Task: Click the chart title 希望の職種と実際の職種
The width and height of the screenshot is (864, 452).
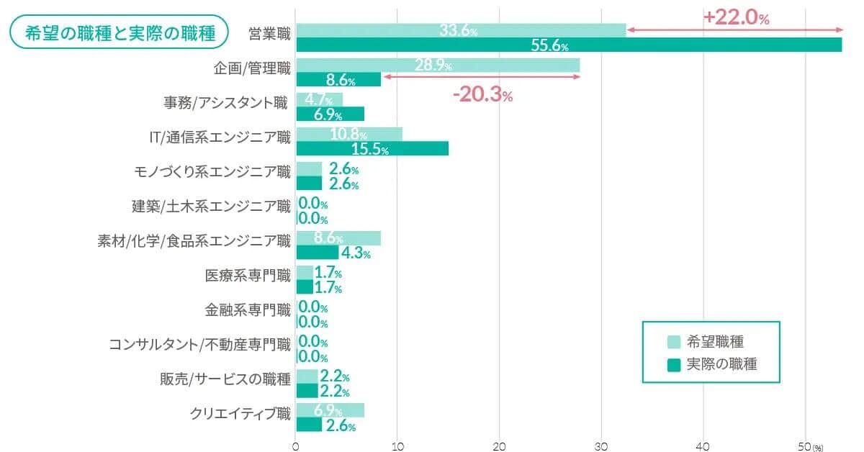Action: pos(119,33)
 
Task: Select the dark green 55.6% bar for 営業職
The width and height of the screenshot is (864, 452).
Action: pos(569,45)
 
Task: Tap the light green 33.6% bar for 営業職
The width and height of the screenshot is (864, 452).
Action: pos(461,30)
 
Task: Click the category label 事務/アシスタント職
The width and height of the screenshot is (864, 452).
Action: pos(225,103)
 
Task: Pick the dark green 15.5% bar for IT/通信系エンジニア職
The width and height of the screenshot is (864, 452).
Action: pos(372,148)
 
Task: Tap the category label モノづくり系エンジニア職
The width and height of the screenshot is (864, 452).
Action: pos(212,171)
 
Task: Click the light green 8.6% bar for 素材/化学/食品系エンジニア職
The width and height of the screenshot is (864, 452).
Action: pos(338,238)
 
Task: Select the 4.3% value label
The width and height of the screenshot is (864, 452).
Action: pos(356,253)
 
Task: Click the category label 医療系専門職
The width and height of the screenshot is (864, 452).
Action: pos(248,276)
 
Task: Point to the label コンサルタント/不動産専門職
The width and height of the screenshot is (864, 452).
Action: pos(199,344)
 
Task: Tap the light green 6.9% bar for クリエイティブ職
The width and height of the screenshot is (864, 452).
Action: pos(330,410)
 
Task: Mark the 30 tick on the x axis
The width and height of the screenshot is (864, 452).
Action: pos(602,445)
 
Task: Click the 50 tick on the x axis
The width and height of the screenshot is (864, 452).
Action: pos(805,445)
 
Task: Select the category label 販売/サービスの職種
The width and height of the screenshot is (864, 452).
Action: pos(225,379)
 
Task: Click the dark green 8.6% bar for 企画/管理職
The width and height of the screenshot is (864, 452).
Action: pos(338,79)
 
